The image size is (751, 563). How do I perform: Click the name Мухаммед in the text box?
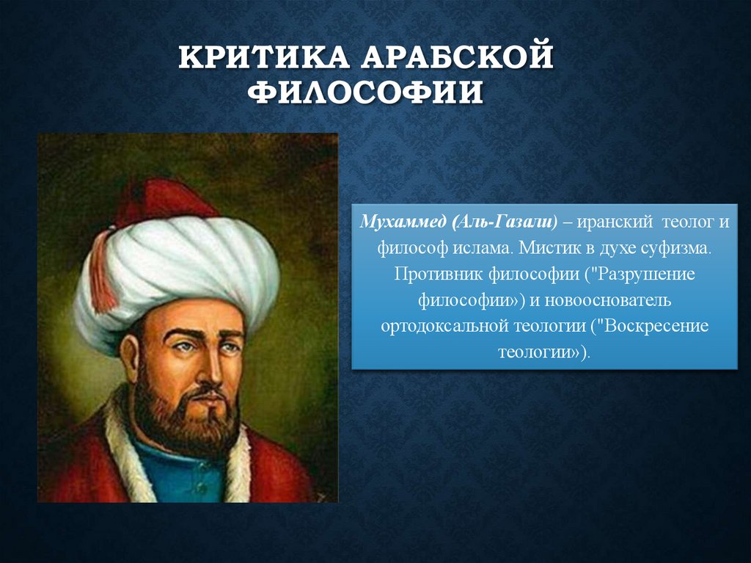coord(401,222)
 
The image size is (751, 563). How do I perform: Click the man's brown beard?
coord(183,418)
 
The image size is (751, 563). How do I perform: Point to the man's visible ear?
coord(130,356)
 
